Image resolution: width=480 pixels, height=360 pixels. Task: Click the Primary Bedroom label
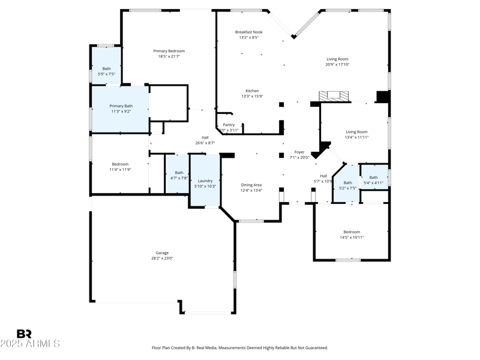tap(169, 51)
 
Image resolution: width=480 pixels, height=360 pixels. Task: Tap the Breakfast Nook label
tap(248, 32)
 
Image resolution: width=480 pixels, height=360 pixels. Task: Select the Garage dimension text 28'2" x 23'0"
tap(162, 259)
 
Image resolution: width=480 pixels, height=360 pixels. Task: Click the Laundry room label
tap(205, 181)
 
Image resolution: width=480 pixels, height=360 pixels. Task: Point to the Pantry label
tap(229, 125)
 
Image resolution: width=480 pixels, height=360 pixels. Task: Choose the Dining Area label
tap(251, 185)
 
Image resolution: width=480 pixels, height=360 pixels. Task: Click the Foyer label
tap(299, 152)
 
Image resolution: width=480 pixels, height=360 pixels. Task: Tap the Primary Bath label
tap(120, 106)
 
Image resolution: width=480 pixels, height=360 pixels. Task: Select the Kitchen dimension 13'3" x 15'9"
tap(252, 96)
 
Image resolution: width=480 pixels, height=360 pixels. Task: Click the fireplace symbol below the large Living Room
tap(332, 95)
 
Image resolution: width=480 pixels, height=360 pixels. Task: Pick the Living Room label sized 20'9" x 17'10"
tap(337, 59)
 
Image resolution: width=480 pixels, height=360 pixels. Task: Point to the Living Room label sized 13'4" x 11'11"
tap(356, 131)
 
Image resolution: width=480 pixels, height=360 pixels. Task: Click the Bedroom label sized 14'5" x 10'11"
tap(352, 232)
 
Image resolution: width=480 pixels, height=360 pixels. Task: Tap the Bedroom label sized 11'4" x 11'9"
tap(120, 164)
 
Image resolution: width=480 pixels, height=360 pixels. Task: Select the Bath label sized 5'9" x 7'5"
tap(106, 68)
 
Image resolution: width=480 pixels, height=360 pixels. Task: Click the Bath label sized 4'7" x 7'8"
tap(179, 172)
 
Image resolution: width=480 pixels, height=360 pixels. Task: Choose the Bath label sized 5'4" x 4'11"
tap(373, 177)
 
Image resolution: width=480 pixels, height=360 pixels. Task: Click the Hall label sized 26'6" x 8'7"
tap(205, 137)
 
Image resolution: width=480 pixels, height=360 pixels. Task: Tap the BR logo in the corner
tap(24, 334)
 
